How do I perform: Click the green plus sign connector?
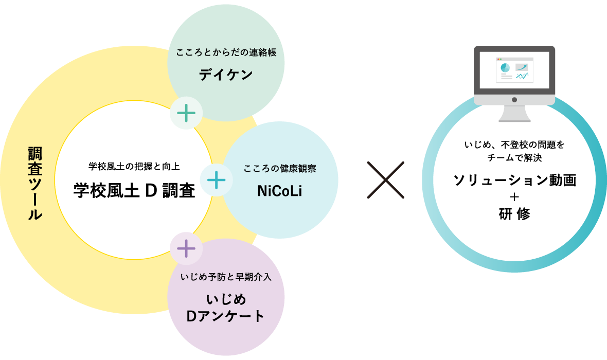pyautogui.click(x=186, y=113)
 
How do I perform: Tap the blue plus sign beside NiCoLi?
pyautogui.click(x=217, y=180)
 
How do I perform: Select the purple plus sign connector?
pyautogui.click(x=186, y=248)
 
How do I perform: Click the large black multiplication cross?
pyautogui.click(x=386, y=180)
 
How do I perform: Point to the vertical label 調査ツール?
pyautogui.click(x=35, y=183)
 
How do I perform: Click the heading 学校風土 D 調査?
pyautogui.click(x=134, y=190)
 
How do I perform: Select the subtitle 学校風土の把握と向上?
pyautogui.click(x=134, y=167)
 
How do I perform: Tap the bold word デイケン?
pyautogui.click(x=226, y=75)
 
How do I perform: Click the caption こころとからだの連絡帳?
pyautogui.click(x=226, y=52)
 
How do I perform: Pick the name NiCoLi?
pyautogui.click(x=279, y=191)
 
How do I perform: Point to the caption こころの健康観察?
pyautogui.click(x=280, y=168)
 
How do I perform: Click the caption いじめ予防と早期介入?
pyautogui.click(x=226, y=277)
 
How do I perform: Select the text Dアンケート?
pyautogui.click(x=226, y=316)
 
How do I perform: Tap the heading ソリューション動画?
pyautogui.click(x=514, y=180)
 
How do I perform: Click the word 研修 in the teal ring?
pyautogui.click(x=514, y=213)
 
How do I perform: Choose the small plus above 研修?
pyautogui.click(x=514, y=197)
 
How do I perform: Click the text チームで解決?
pyautogui.click(x=514, y=157)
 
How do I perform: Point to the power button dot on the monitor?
pyautogui.click(x=514, y=100)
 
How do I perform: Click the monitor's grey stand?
pyautogui.click(x=514, y=114)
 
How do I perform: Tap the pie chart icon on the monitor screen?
pyautogui.click(x=505, y=68)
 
